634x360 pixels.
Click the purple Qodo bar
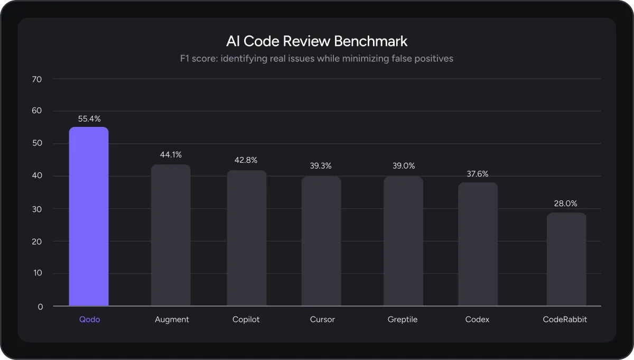89,216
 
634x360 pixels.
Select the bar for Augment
171,235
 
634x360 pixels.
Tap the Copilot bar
247,238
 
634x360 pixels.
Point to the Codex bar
478,244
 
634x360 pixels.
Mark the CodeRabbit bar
566,259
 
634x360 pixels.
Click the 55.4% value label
89,119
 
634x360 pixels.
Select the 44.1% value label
171,155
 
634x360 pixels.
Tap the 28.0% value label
566,204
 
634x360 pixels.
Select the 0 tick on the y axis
41,306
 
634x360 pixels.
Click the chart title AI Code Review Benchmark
316,41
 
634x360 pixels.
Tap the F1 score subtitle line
316,59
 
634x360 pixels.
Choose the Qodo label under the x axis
89,320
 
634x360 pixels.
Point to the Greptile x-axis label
403,320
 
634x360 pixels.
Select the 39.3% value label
321,166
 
